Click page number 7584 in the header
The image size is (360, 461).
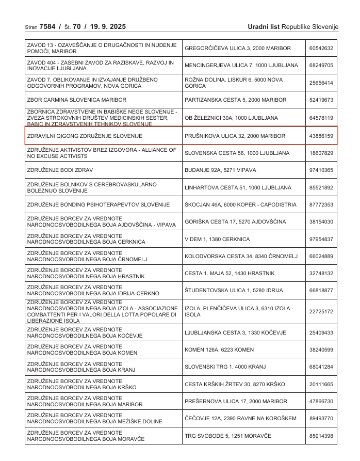[48, 26]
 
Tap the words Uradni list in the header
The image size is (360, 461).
[264, 26]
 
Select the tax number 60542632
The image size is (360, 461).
[321, 49]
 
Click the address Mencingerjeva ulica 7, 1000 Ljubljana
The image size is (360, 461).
[241, 66]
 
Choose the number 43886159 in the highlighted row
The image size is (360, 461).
[321, 136]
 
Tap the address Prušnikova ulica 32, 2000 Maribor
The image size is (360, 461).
[235, 136]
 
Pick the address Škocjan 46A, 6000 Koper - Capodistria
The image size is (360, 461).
[240, 205]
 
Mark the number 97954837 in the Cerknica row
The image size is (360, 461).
[321, 240]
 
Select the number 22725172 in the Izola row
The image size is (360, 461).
[321, 312]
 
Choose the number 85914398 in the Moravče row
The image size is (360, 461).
[321, 436]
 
